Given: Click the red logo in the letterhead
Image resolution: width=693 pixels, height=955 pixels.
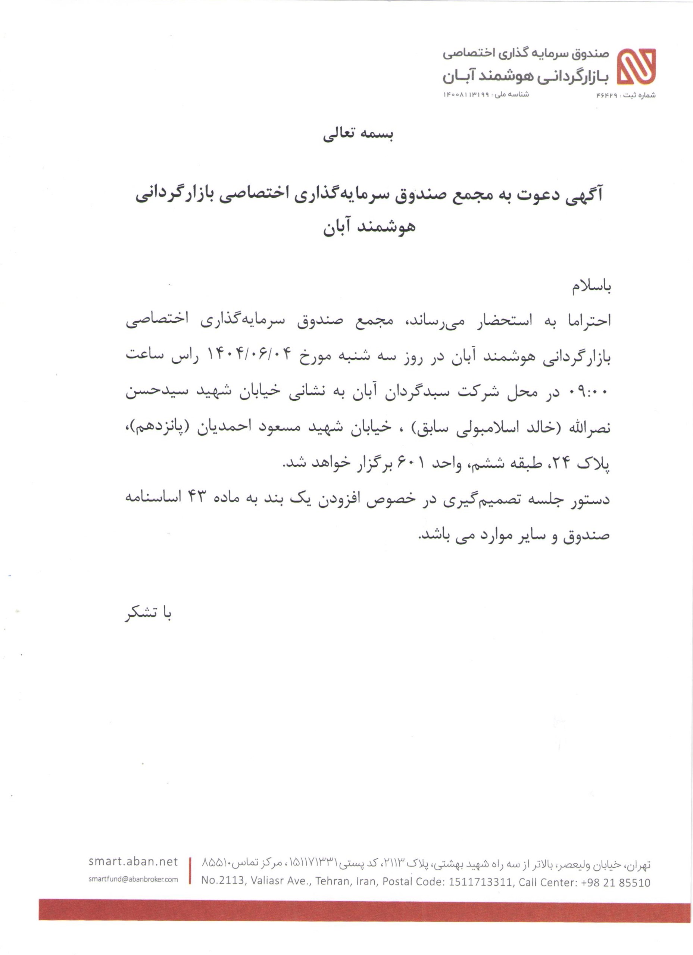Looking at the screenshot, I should click(x=636, y=66).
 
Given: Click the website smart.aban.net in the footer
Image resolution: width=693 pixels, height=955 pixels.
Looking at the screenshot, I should click(x=133, y=861).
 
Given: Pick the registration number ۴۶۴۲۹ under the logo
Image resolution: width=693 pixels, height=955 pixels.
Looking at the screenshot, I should click(x=606, y=95).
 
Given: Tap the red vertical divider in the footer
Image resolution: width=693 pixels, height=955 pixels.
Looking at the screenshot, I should click(x=190, y=870).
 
